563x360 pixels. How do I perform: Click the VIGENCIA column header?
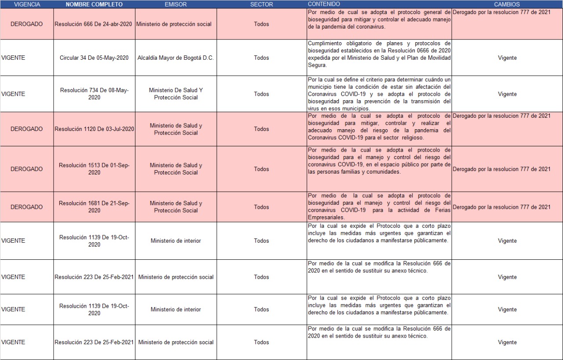point(27,4)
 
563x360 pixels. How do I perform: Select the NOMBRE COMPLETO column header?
point(94,4)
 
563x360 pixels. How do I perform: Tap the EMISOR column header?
point(175,4)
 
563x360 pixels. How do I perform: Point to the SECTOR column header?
point(261,4)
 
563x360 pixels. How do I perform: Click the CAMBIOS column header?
point(507,4)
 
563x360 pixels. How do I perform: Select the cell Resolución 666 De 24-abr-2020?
point(94,24)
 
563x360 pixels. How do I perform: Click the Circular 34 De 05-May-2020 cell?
point(94,58)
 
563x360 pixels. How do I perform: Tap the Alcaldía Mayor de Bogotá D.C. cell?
point(175,58)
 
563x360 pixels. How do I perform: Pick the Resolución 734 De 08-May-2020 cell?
point(94,94)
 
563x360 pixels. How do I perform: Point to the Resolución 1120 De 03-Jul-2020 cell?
point(94,129)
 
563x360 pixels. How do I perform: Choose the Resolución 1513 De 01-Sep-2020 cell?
point(94,169)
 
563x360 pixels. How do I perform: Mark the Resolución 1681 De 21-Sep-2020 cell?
point(94,207)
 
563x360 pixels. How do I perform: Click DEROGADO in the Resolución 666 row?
point(27,24)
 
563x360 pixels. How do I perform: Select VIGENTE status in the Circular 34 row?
point(13,58)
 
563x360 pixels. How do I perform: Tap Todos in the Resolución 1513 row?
point(261,169)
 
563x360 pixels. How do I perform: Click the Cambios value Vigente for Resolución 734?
point(507,94)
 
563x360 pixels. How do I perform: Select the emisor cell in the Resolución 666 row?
point(175,24)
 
